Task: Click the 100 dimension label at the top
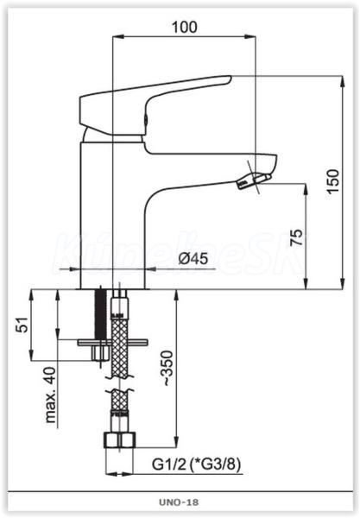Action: pos(184,28)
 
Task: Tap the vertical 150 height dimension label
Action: pos(333,181)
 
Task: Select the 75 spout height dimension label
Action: pos(296,237)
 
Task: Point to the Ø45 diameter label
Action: pos(193,258)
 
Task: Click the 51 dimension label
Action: pos(22,325)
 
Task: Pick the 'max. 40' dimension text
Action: pos(51,395)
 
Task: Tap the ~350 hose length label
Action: pos(167,369)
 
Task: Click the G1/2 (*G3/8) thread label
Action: pos(196,464)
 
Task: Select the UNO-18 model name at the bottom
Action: pos(179,502)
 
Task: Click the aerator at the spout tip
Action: pos(253,180)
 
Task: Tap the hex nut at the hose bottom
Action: pos(120,440)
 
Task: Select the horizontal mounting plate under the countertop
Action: pos(113,342)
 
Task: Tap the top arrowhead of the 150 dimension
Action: pos(343,82)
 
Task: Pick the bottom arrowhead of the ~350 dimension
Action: pos(177,442)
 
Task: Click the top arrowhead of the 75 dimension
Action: pos(306,189)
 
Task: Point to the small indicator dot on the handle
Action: pos(145,120)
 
